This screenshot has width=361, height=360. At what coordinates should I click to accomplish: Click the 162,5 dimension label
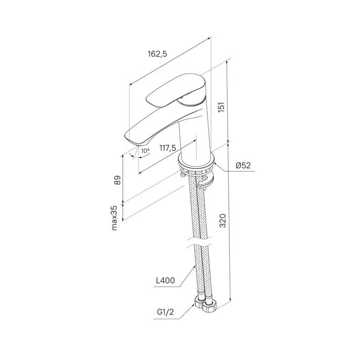(x=157, y=54)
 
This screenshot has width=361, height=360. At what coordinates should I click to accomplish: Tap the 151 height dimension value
(x=221, y=107)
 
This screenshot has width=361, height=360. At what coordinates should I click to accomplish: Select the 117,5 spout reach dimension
(x=167, y=148)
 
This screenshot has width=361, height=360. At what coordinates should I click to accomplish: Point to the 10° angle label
(x=145, y=151)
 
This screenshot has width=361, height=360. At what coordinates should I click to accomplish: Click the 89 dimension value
(x=118, y=180)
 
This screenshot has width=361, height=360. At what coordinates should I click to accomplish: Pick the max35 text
(x=114, y=217)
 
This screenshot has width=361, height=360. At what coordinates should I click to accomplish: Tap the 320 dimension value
(x=222, y=221)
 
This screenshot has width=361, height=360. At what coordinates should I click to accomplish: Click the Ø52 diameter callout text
(x=243, y=166)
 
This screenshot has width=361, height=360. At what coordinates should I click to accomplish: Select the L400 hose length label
(x=165, y=280)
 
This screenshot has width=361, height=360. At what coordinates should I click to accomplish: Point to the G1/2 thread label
(x=165, y=312)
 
